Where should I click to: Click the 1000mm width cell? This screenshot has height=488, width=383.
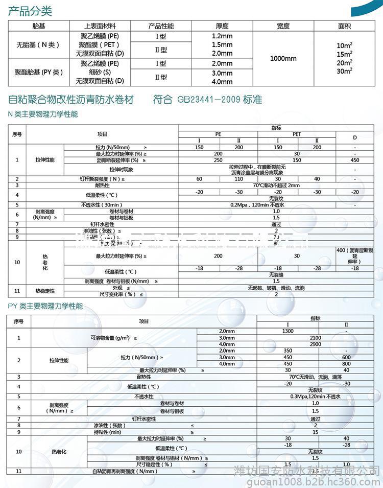283,58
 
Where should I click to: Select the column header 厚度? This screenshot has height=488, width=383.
222,26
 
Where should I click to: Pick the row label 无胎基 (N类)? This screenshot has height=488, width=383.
35,45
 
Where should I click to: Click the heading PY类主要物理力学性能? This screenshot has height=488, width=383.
45,307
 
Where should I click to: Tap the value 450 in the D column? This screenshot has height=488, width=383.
355,160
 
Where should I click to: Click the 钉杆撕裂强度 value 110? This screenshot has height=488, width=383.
238,178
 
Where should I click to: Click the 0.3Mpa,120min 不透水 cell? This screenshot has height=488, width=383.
315,396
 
